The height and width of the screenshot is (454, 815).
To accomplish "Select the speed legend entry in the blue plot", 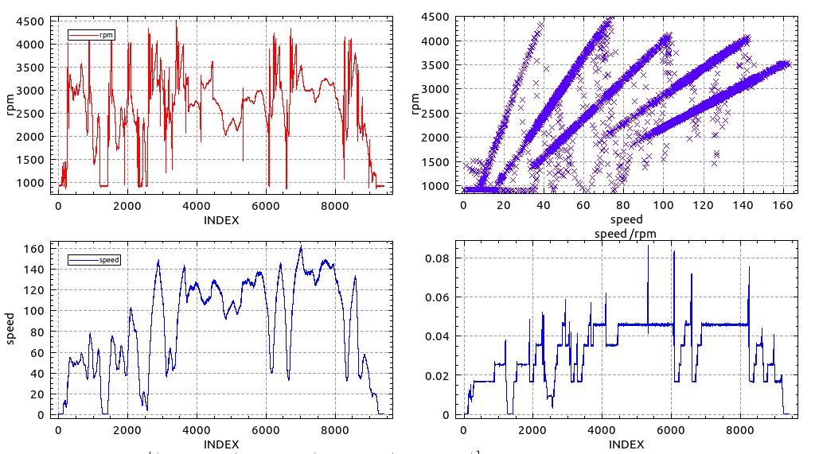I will point(108,259).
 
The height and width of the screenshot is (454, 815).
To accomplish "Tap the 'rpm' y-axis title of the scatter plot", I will point(415,103).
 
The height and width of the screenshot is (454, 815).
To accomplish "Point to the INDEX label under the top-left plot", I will point(221,220).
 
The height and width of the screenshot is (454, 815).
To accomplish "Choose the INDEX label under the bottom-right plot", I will point(626,444).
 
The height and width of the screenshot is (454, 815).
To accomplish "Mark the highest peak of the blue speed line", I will point(301,247).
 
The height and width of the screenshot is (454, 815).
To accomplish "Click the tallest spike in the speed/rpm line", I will point(648,246).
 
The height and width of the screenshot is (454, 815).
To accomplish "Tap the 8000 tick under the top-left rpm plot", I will point(334,207).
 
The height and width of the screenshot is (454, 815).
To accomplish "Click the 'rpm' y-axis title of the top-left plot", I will point(11,103).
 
